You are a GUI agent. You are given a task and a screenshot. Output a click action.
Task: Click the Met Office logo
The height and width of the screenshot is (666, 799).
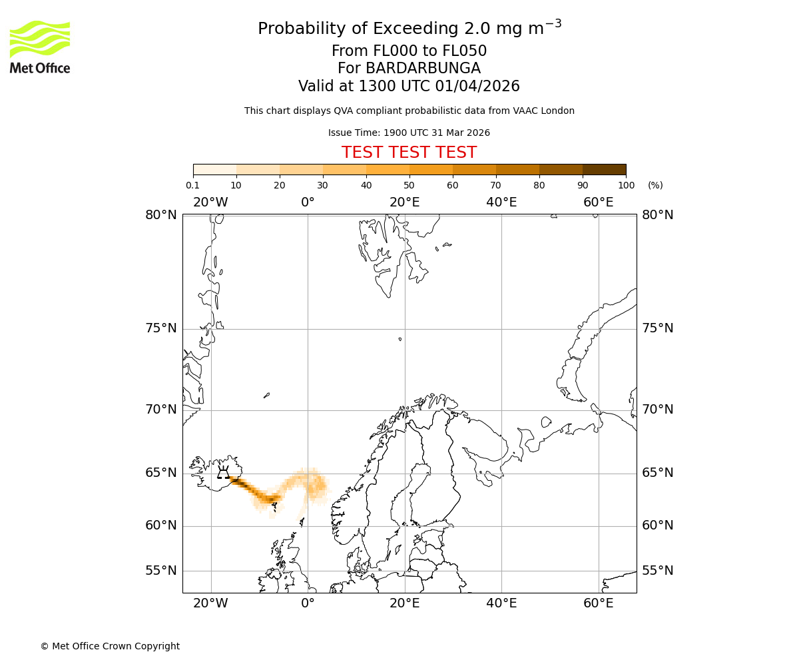[40, 47]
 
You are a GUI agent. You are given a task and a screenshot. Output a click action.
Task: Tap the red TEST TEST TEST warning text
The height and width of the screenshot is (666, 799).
[409, 153]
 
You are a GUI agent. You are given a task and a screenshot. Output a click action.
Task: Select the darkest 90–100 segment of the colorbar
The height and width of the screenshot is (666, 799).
[604, 169]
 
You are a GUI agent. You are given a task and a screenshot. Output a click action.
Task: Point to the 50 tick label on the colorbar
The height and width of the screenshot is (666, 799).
[409, 185]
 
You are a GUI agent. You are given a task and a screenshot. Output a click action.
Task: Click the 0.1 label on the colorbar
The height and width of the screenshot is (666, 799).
[192, 185]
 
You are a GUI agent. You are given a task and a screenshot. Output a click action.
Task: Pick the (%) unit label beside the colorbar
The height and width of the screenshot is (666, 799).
[655, 185]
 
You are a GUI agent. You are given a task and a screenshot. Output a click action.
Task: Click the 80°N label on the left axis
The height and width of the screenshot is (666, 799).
[161, 215]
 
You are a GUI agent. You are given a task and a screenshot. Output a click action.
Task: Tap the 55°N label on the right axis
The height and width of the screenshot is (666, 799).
[657, 571]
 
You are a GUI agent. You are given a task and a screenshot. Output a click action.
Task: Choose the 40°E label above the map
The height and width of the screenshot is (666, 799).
[501, 202]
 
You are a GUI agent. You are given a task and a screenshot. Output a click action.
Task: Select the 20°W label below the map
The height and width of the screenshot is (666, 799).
[210, 603]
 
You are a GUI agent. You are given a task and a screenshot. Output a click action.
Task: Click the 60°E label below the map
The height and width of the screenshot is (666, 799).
[598, 603]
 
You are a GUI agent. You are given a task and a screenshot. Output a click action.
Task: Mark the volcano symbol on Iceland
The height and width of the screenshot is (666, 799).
[224, 473]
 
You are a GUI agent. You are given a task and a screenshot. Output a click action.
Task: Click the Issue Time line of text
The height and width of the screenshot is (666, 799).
[409, 133]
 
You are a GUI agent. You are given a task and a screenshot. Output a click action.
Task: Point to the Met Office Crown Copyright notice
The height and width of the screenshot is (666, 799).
[110, 646]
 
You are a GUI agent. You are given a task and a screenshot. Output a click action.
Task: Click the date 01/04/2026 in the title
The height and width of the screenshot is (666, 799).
[477, 87]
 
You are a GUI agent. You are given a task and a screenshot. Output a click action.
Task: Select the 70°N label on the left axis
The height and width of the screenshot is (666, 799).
[161, 410]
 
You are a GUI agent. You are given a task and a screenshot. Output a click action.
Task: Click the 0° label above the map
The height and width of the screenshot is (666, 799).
[308, 202]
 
